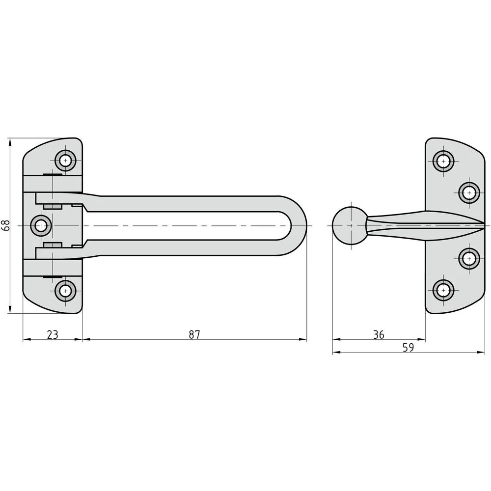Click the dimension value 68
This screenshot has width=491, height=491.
pos(6,225)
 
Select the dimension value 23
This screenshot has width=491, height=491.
pos(53,334)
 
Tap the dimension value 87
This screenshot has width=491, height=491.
pos(194,334)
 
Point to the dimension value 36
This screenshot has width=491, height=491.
pos(378,334)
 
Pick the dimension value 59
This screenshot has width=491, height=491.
pos(408,348)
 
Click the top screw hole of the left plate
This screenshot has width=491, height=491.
pos(65,160)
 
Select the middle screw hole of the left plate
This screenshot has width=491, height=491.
pos(41,225)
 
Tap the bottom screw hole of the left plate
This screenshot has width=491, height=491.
pos(65,291)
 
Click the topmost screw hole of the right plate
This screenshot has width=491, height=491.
pos(443,161)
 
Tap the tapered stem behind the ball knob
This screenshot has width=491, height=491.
pos(393,225)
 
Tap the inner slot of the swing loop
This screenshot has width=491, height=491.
pos(187,225)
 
